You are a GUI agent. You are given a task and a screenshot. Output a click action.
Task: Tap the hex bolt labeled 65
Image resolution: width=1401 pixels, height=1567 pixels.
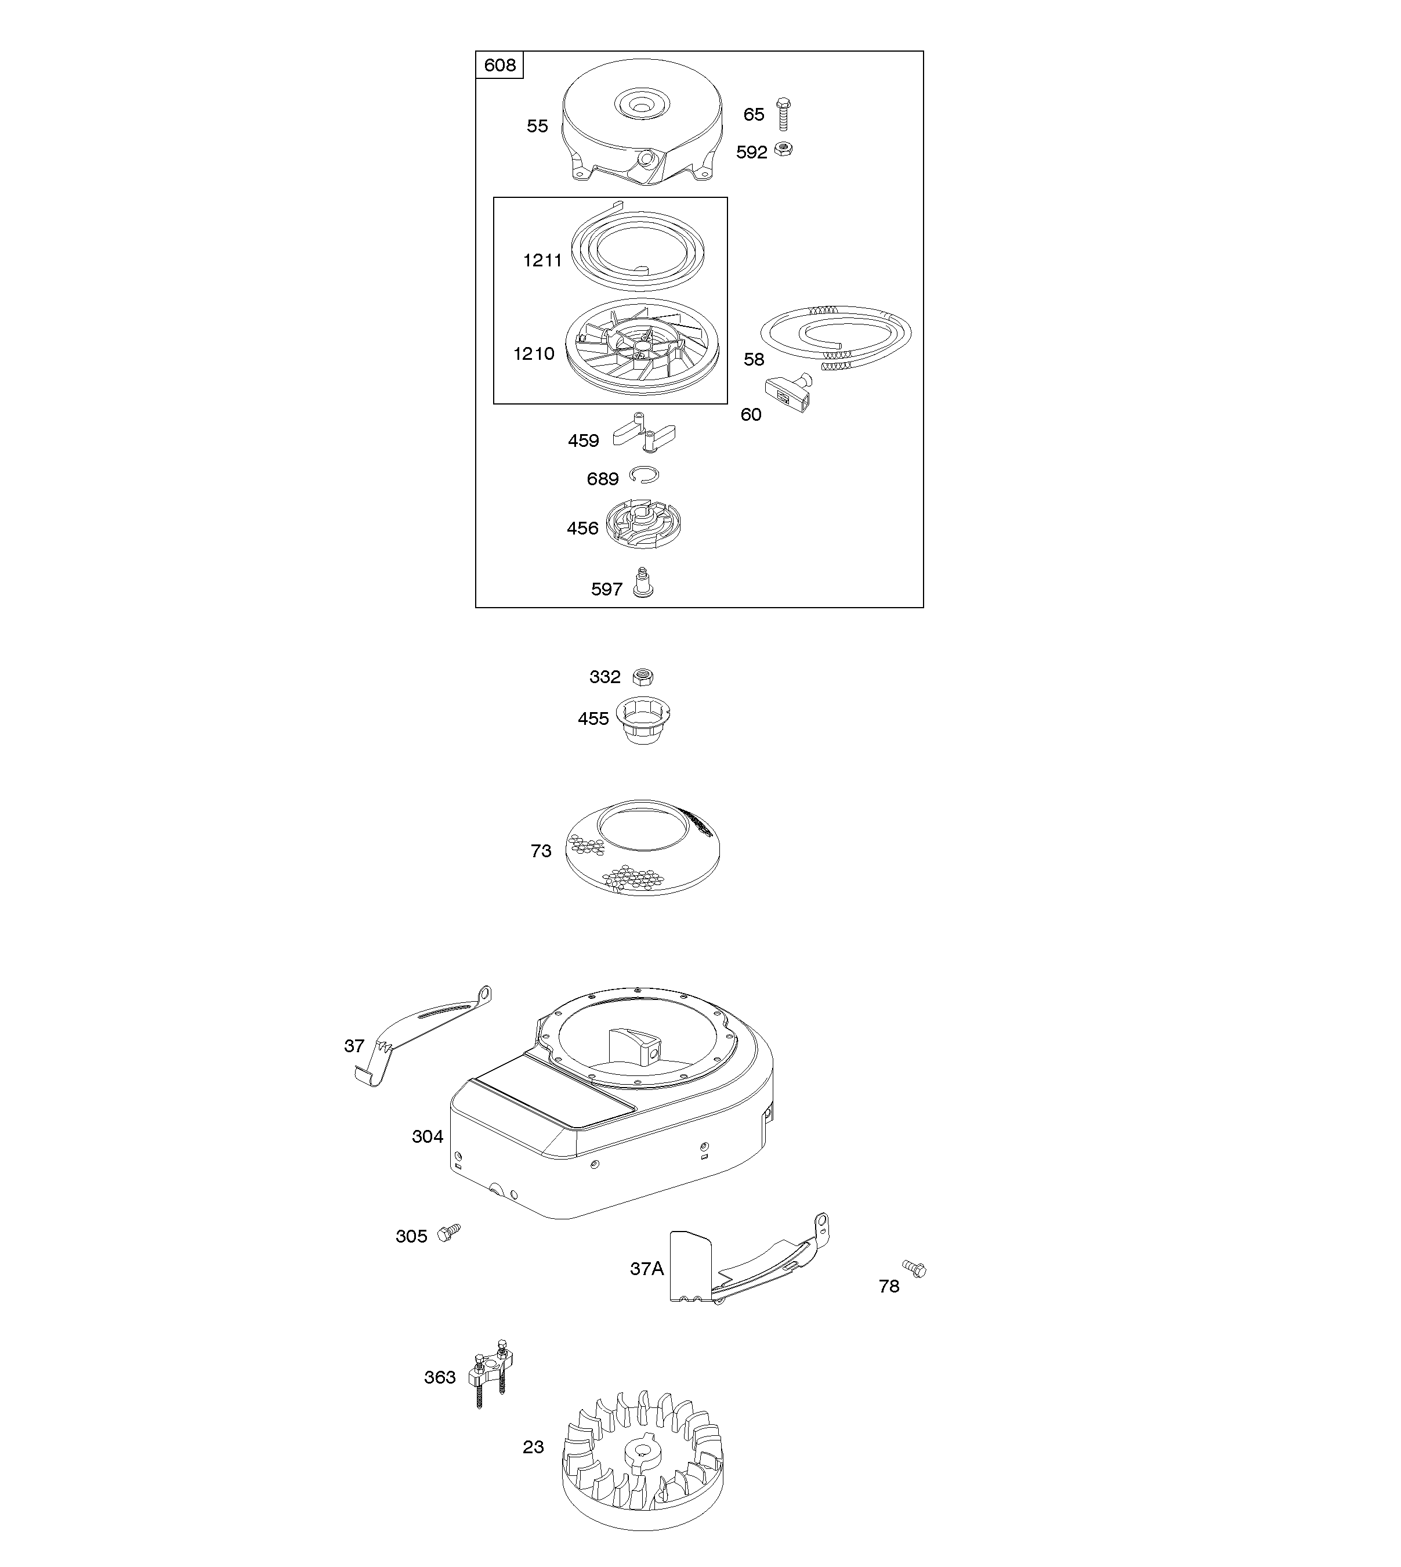click(x=784, y=115)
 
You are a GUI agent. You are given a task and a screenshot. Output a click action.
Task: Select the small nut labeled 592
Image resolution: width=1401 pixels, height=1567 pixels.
click(x=784, y=149)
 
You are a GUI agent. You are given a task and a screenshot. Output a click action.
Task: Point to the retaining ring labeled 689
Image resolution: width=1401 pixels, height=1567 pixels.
click(x=643, y=475)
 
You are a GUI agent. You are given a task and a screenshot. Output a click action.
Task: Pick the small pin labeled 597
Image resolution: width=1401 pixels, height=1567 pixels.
click(x=643, y=582)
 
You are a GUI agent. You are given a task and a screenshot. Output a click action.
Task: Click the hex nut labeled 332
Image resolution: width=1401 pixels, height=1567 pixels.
click(x=643, y=677)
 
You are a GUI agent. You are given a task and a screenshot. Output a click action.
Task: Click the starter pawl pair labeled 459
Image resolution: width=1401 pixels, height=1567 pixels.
click(x=643, y=433)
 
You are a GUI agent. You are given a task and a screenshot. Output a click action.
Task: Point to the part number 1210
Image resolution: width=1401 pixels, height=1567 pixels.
click(x=534, y=354)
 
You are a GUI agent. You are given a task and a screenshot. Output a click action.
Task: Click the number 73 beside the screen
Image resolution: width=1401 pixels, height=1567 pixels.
click(x=541, y=851)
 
